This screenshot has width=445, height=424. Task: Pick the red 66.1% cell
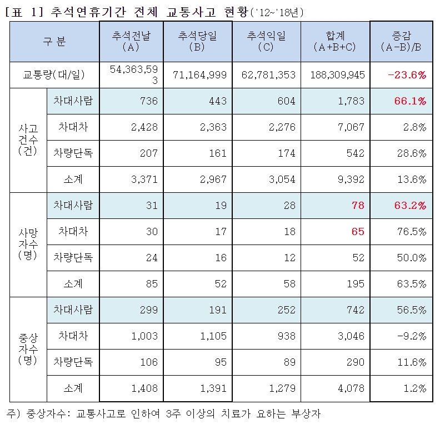point(411,101)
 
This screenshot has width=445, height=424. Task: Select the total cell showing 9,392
point(351,179)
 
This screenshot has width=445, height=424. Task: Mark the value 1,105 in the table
point(213,336)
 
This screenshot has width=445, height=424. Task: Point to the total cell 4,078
point(351,388)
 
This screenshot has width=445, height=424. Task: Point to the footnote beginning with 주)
point(164,413)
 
